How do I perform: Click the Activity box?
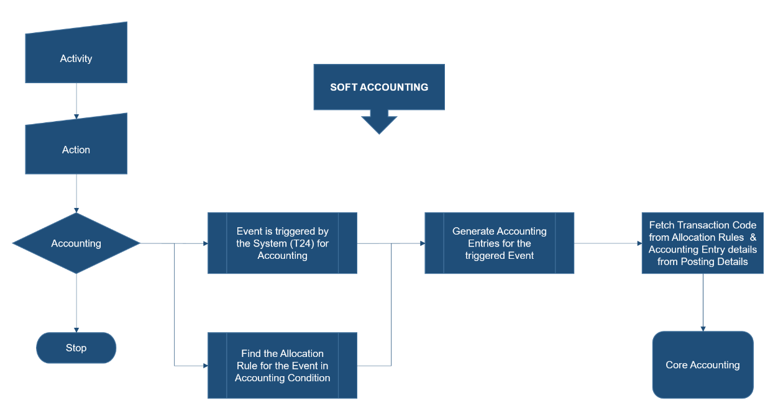pos(76,58)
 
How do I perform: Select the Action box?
pos(76,150)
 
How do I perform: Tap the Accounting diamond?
pos(76,243)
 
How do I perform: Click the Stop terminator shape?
pos(76,348)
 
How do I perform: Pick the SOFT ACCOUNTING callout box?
pos(379,87)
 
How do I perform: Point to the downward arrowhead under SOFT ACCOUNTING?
pos(379,125)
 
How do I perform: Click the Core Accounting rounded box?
pos(702,365)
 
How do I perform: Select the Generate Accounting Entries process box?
pos(499,243)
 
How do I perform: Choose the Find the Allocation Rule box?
pos(282,366)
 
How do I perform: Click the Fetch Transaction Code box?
pos(702,243)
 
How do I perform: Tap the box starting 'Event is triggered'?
pos(282,243)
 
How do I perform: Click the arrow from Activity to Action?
pos(76,99)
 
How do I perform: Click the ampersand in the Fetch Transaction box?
pos(753,237)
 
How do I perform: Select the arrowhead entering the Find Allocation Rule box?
pos(204,366)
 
